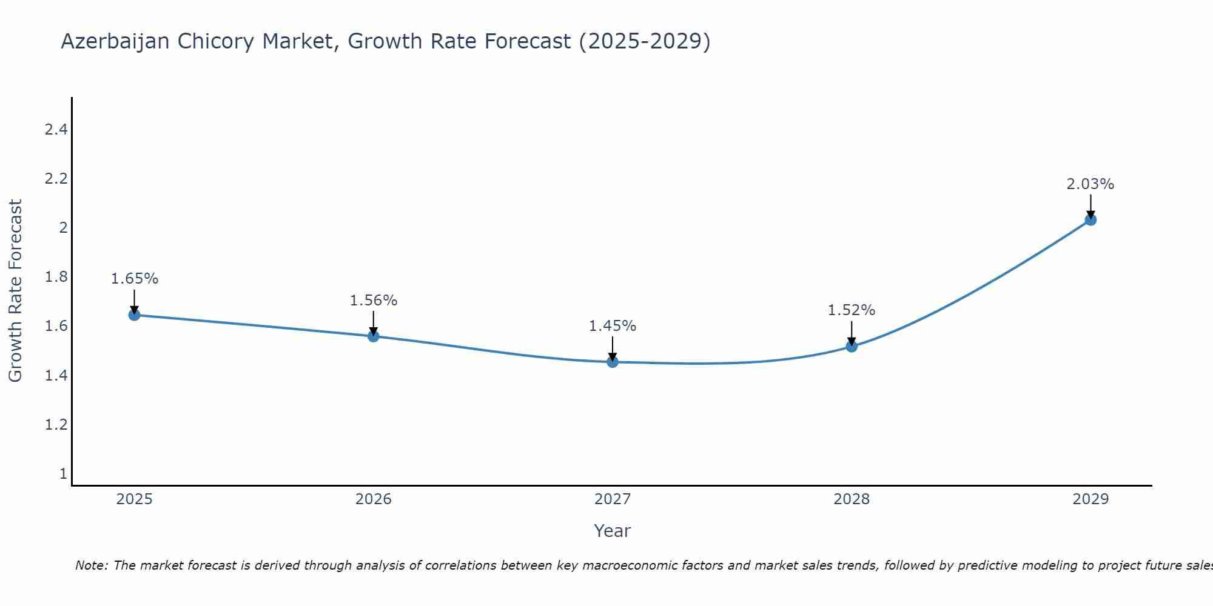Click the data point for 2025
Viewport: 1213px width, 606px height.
click(x=134, y=315)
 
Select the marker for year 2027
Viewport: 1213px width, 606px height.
click(x=613, y=362)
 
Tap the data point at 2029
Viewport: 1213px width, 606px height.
click(x=1090, y=220)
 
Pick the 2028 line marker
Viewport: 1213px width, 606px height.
click(x=852, y=347)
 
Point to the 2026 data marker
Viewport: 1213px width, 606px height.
click(x=374, y=336)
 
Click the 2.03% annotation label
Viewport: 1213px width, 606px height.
click(x=1090, y=184)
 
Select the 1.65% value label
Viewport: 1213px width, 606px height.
click(x=134, y=279)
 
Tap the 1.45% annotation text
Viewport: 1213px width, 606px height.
click(x=613, y=326)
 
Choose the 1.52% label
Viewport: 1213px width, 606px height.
click(x=852, y=310)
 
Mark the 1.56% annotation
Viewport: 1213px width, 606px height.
click(x=374, y=301)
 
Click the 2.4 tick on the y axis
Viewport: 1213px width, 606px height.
click(x=56, y=129)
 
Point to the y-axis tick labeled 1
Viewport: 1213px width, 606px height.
click(x=63, y=473)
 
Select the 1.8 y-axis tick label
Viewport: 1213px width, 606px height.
click(x=56, y=277)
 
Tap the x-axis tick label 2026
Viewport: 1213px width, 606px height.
click(x=374, y=499)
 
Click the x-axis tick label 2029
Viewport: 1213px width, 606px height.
click(x=1090, y=499)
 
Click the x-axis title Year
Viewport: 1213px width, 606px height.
click(x=613, y=531)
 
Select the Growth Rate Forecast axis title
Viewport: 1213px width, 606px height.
click(x=15, y=291)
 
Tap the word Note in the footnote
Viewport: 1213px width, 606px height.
click(x=91, y=565)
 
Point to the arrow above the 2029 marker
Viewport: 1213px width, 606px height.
click(x=1090, y=206)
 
